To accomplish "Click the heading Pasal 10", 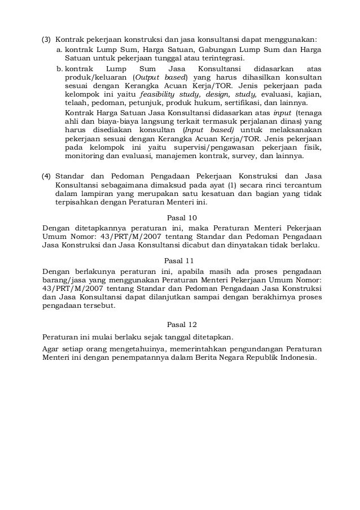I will (181, 217).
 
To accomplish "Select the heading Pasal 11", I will (181, 260).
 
